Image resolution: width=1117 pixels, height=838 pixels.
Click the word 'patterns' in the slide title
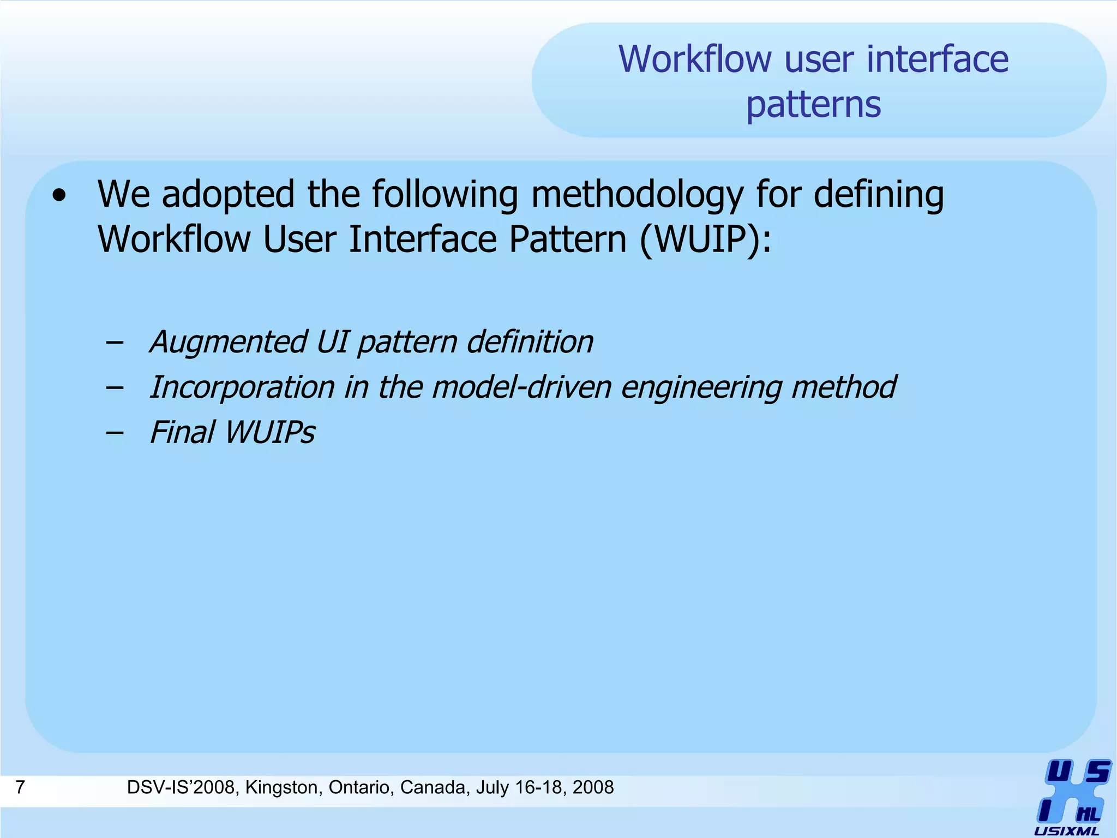coord(813,105)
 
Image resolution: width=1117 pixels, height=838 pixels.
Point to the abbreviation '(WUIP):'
coord(705,240)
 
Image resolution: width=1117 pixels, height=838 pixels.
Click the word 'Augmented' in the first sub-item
coord(227,342)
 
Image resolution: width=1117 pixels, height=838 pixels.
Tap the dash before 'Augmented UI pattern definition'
coord(115,343)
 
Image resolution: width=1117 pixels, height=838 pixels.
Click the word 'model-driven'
coord(521,387)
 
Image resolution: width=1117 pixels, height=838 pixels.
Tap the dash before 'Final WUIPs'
coord(115,433)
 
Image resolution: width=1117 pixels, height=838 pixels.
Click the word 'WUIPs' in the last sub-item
coord(270,433)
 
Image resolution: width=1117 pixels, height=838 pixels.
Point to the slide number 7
coord(20,787)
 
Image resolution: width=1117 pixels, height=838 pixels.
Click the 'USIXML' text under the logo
coord(1066,831)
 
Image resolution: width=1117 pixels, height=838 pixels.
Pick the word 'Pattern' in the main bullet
coord(567,240)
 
